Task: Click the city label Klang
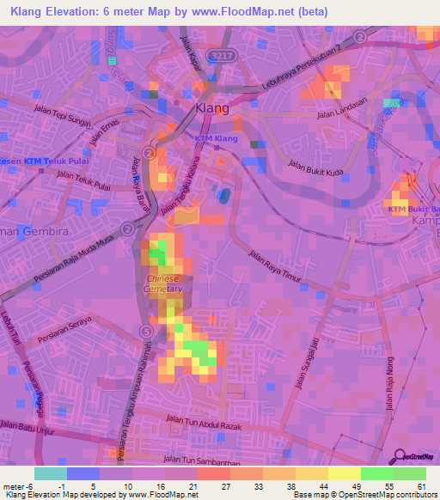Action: click(x=212, y=108)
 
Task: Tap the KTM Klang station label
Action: click(x=216, y=138)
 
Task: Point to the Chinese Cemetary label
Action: click(x=164, y=284)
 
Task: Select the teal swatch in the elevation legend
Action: click(x=50, y=473)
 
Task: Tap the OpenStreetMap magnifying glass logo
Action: click(x=401, y=457)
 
